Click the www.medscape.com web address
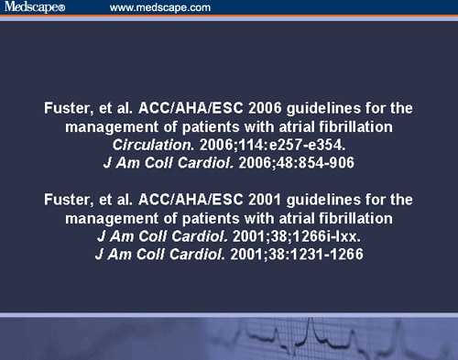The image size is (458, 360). click(160, 8)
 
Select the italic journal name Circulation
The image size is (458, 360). click(147, 145)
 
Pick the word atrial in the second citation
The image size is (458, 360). click(292, 218)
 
